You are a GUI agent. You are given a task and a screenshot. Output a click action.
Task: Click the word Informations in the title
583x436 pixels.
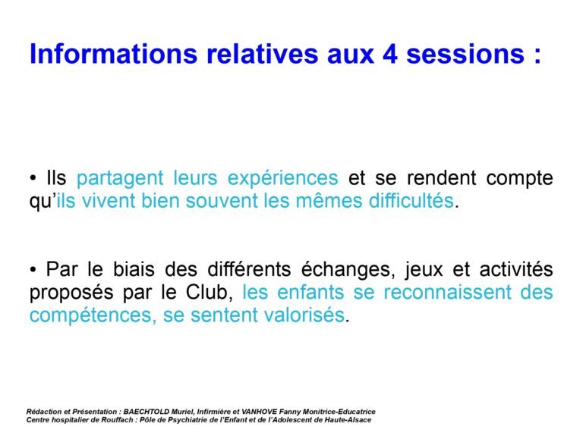[x=113, y=54]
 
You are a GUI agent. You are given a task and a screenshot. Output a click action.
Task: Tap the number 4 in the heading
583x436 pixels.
[x=390, y=55]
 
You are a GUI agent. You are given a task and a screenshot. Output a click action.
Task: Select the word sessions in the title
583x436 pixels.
[x=465, y=55]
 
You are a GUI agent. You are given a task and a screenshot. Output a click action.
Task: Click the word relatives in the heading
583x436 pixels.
[x=262, y=54]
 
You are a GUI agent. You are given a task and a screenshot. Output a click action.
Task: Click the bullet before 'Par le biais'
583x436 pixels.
[x=33, y=270]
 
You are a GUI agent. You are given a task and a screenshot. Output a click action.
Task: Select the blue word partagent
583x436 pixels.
[x=120, y=179]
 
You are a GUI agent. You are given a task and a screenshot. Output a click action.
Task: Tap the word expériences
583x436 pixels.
[x=282, y=179]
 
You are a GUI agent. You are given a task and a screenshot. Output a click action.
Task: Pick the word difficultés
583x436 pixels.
[x=411, y=200]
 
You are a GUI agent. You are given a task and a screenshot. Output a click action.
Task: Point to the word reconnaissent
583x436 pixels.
[x=448, y=292]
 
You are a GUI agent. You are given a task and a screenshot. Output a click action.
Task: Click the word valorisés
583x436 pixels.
[x=304, y=315]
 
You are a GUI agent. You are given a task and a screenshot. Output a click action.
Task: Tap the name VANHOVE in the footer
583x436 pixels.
[x=260, y=412]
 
